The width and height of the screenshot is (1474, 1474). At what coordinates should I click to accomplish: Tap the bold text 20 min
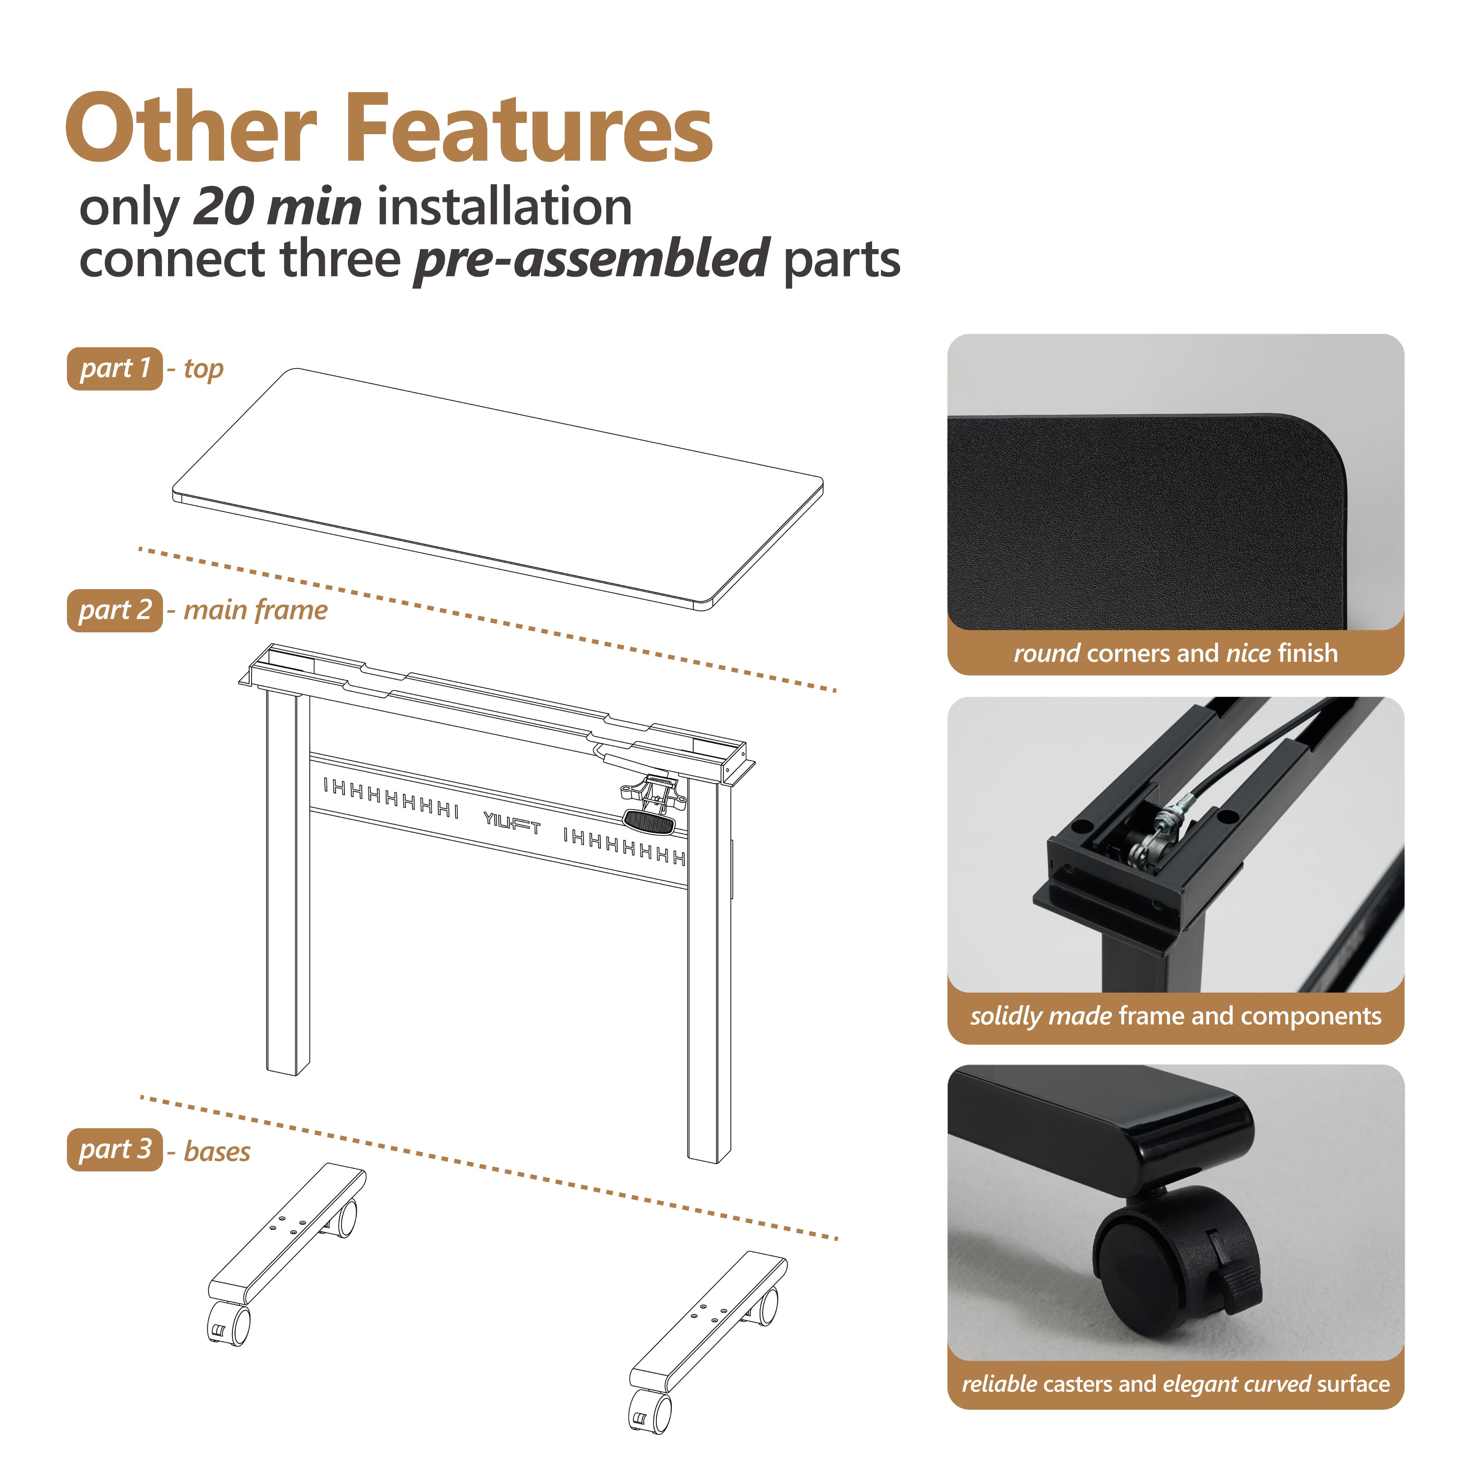278,207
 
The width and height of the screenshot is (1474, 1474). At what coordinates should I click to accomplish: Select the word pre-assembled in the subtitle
591,259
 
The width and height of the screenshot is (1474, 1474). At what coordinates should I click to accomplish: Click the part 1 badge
114,368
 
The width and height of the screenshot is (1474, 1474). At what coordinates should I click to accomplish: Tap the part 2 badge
114,610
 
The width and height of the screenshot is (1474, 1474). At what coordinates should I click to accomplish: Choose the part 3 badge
114,1150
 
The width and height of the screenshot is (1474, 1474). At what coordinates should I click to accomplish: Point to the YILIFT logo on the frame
512,823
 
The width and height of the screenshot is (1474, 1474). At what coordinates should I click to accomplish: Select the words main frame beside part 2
255,610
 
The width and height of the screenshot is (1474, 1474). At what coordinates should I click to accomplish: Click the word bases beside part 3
218,1151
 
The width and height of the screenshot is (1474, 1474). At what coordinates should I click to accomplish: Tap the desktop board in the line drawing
497,489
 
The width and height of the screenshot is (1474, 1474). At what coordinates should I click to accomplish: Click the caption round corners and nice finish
1176,653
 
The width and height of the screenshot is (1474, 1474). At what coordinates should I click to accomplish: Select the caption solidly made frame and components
1176,1016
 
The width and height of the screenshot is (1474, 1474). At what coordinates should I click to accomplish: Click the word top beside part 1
204,369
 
